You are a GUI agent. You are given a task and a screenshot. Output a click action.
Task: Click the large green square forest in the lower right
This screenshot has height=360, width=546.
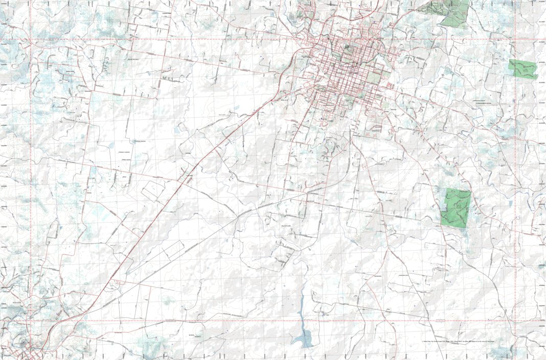pyautogui.click(x=456, y=208)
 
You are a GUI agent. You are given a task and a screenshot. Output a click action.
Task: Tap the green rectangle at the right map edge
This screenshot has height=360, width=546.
pyautogui.click(x=523, y=69)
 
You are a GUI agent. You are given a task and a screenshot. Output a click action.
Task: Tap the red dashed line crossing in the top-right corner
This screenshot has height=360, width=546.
pyautogui.click(x=515, y=39)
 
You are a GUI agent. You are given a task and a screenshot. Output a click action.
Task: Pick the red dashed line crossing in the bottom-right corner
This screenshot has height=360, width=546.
pyautogui.click(x=515, y=321)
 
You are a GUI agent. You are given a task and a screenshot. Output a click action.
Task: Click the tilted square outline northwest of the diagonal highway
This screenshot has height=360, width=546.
pyautogui.click(x=153, y=190)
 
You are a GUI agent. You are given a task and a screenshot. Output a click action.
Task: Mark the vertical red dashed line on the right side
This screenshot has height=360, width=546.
pyautogui.click(x=515, y=179)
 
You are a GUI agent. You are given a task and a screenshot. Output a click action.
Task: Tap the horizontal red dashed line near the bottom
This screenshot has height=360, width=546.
pyautogui.click(x=256, y=321)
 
